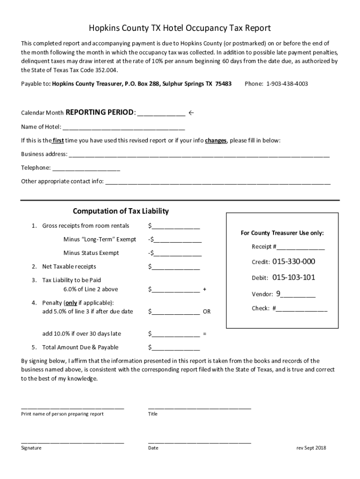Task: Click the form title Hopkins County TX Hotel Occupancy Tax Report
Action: tap(180, 28)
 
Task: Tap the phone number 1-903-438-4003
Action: tap(287, 84)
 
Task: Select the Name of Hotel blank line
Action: tap(123, 128)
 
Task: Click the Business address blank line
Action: tap(199, 155)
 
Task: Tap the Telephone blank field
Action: tap(86, 168)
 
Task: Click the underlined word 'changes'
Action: tap(216, 140)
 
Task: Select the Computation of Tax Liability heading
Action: tap(121, 211)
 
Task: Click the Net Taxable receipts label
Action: tap(69, 267)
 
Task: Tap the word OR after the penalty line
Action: tap(206, 312)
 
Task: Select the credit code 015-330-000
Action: tap(294, 261)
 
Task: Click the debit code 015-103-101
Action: tap(294, 277)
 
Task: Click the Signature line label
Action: tap(31, 448)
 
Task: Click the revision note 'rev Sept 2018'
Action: tap(311, 448)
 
